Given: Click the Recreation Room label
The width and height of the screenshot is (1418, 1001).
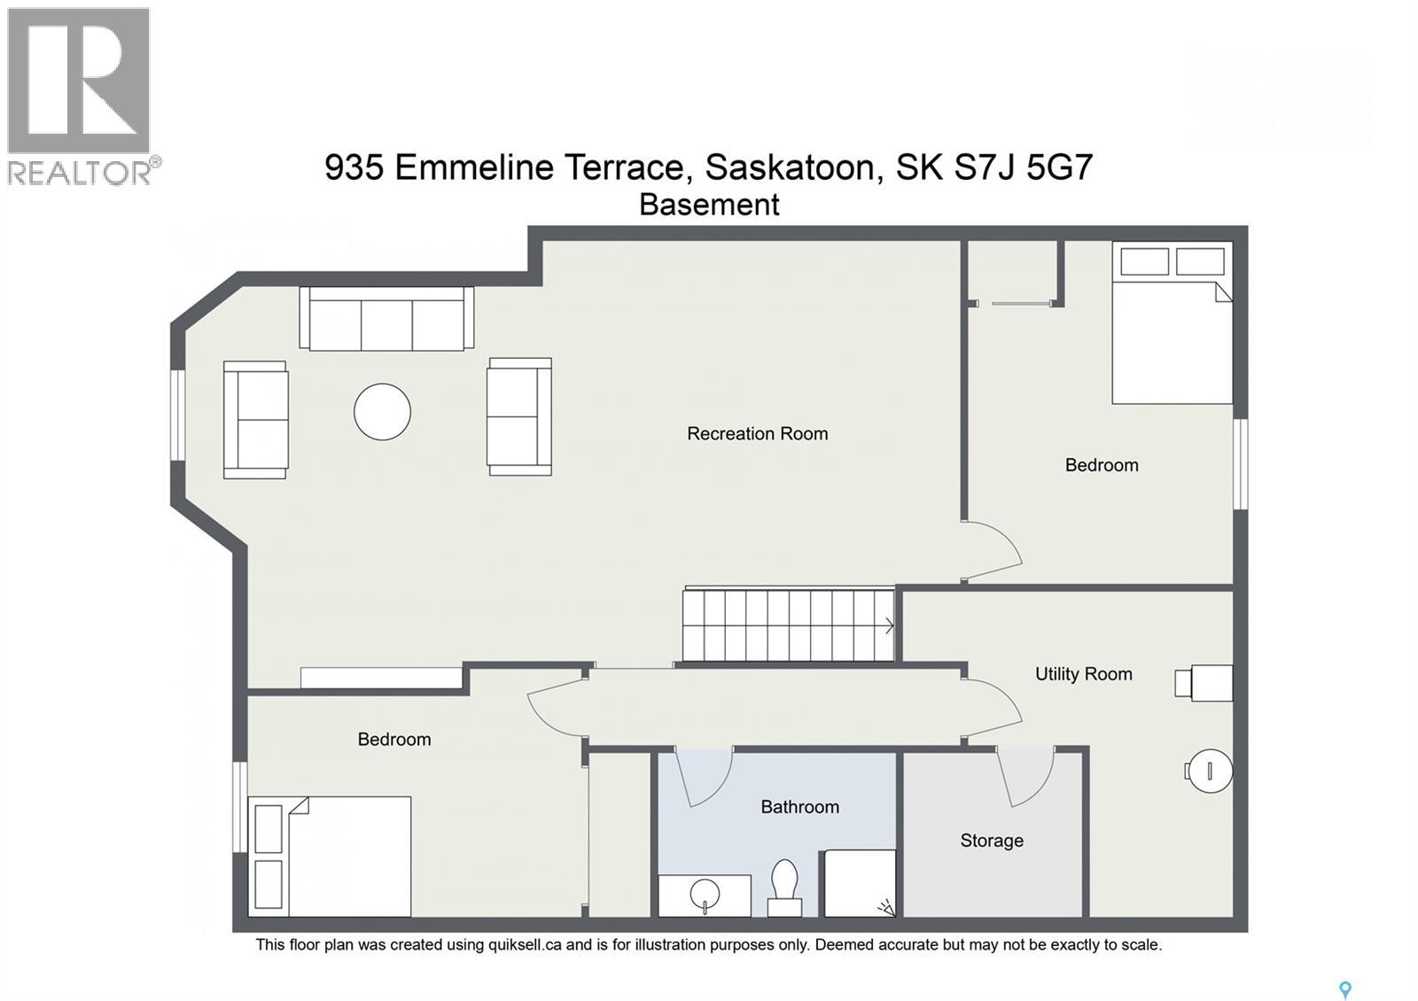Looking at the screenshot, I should (x=757, y=433).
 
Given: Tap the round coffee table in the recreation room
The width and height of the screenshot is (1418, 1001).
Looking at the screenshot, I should (x=382, y=412).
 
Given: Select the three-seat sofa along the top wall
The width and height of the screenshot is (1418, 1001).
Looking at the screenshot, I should (x=386, y=319).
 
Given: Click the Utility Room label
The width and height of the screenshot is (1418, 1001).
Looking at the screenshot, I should (x=1083, y=674).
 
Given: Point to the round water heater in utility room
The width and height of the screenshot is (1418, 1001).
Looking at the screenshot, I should (x=1210, y=771).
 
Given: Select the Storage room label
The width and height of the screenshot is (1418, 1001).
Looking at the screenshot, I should (x=991, y=841).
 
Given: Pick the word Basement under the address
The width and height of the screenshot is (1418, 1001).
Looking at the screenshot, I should (x=709, y=205).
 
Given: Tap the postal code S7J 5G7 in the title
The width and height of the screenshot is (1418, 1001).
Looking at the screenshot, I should (x=1023, y=167).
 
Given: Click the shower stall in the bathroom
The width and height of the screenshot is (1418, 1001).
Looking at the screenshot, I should (x=858, y=883).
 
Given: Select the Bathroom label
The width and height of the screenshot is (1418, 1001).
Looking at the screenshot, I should (x=799, y=807).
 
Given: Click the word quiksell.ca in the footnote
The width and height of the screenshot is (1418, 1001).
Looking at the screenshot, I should (x=525, y=945).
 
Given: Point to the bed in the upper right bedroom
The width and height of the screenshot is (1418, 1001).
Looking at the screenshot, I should (x=1172, y=337).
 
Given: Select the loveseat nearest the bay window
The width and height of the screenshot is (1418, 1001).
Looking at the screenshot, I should (x=255, y=420).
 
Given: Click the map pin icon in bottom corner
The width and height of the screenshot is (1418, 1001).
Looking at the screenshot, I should (x=1344, y=989).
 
